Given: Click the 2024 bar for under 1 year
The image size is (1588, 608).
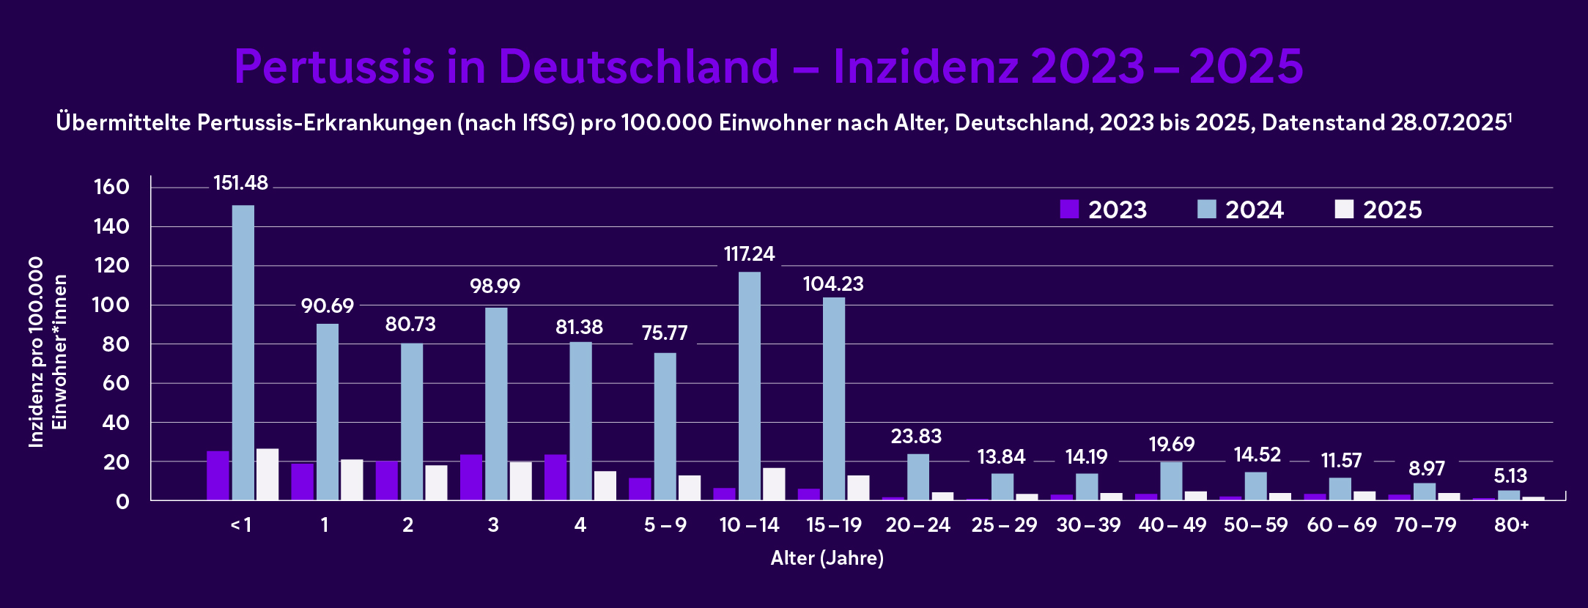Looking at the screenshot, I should click(x=243, y=352).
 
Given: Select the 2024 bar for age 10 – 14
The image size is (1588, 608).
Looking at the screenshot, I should click(x=749, y=386).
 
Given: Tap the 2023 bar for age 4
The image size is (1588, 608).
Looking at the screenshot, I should click(x=555, y=478).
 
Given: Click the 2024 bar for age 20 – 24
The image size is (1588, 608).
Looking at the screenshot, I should click(x=918, y=477).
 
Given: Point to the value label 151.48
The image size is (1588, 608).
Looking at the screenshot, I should click(x=240, y=183).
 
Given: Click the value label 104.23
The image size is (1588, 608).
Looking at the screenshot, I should click(x=833, y=284).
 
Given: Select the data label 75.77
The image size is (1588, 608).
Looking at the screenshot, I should click(x=665, y=333).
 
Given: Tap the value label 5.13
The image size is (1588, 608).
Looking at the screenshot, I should click(x=1510, y=476).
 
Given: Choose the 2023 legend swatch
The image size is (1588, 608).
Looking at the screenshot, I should click(x=1069, y=210).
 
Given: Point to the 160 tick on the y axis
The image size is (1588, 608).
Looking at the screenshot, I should click(x=111, y=187).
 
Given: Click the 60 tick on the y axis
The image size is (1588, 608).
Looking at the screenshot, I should click(x=116, y=383).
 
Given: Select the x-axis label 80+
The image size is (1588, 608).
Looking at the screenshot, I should click(x=1511, y=525).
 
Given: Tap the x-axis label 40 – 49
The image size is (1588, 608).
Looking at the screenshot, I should click(x=1172, y=525).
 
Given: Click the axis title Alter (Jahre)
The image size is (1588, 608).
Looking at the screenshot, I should click(x=827, y=558).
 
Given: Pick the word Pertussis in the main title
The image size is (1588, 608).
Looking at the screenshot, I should click(x=334, y=67).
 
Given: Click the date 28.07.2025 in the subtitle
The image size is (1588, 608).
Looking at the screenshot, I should click(x=1448, y=122).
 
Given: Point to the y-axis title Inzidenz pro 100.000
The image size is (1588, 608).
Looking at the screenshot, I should click(x=36, y=352).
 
